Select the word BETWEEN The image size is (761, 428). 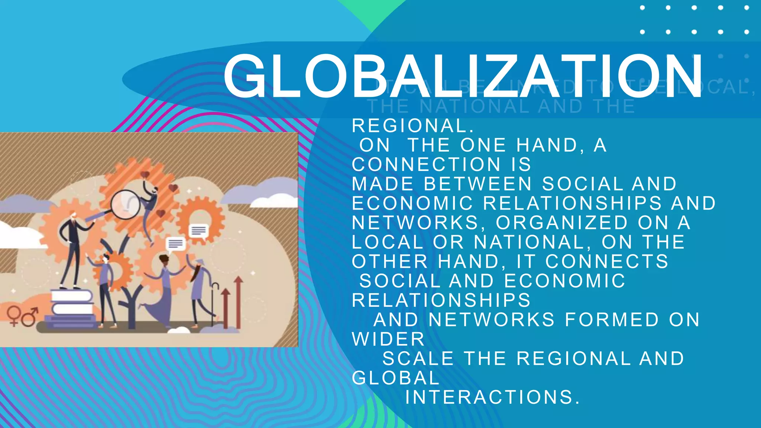(x=478, y=184)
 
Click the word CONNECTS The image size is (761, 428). (x=607, y=262)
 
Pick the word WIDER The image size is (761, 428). (x=388, y=339)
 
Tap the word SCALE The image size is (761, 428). (x=418, y=359)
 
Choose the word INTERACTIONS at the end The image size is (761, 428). (x=492, y=397)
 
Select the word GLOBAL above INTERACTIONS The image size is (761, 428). (x=396, y=378)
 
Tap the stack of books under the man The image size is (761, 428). (x=72, y=308)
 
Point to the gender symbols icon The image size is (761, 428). (x=22, y=316)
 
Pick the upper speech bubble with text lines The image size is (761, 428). (x=198, y=231)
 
